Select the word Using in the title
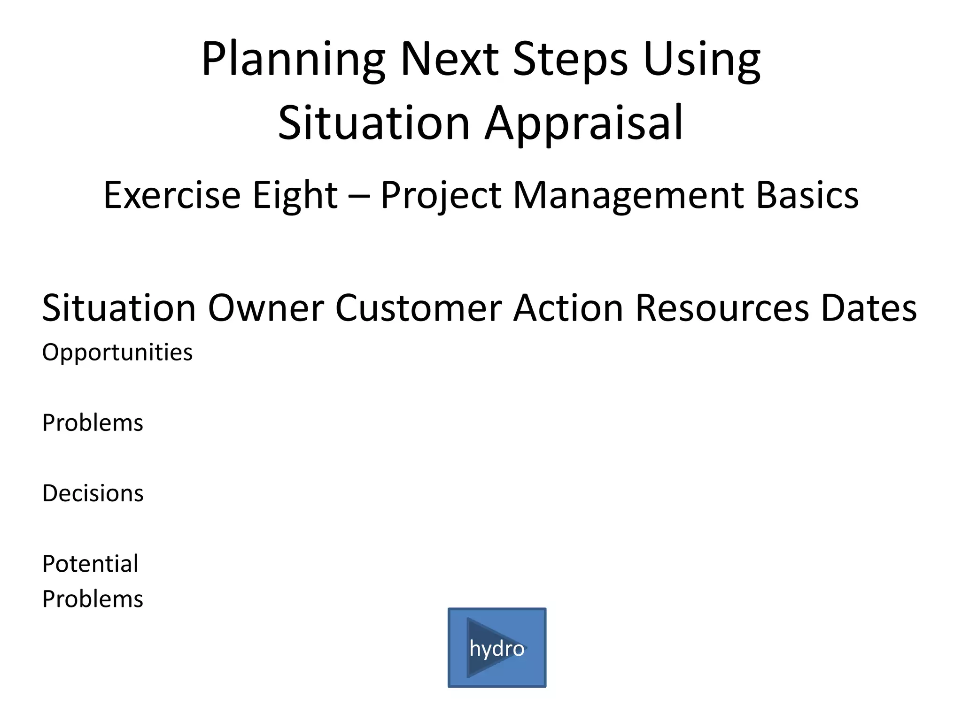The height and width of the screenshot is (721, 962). point(702,60)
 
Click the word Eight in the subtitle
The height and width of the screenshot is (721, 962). point(295,195)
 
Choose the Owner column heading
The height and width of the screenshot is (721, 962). point(266,308)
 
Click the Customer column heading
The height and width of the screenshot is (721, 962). point(419,308)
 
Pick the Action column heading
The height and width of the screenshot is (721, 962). point(568,308)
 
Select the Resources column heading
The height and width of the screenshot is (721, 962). point(722,308)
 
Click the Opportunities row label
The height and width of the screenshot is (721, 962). point(117,353)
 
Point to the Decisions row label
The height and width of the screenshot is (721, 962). point(93,493)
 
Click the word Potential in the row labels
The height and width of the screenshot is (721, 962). point(90,564)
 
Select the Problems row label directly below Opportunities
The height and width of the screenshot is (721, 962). point(93,423)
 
